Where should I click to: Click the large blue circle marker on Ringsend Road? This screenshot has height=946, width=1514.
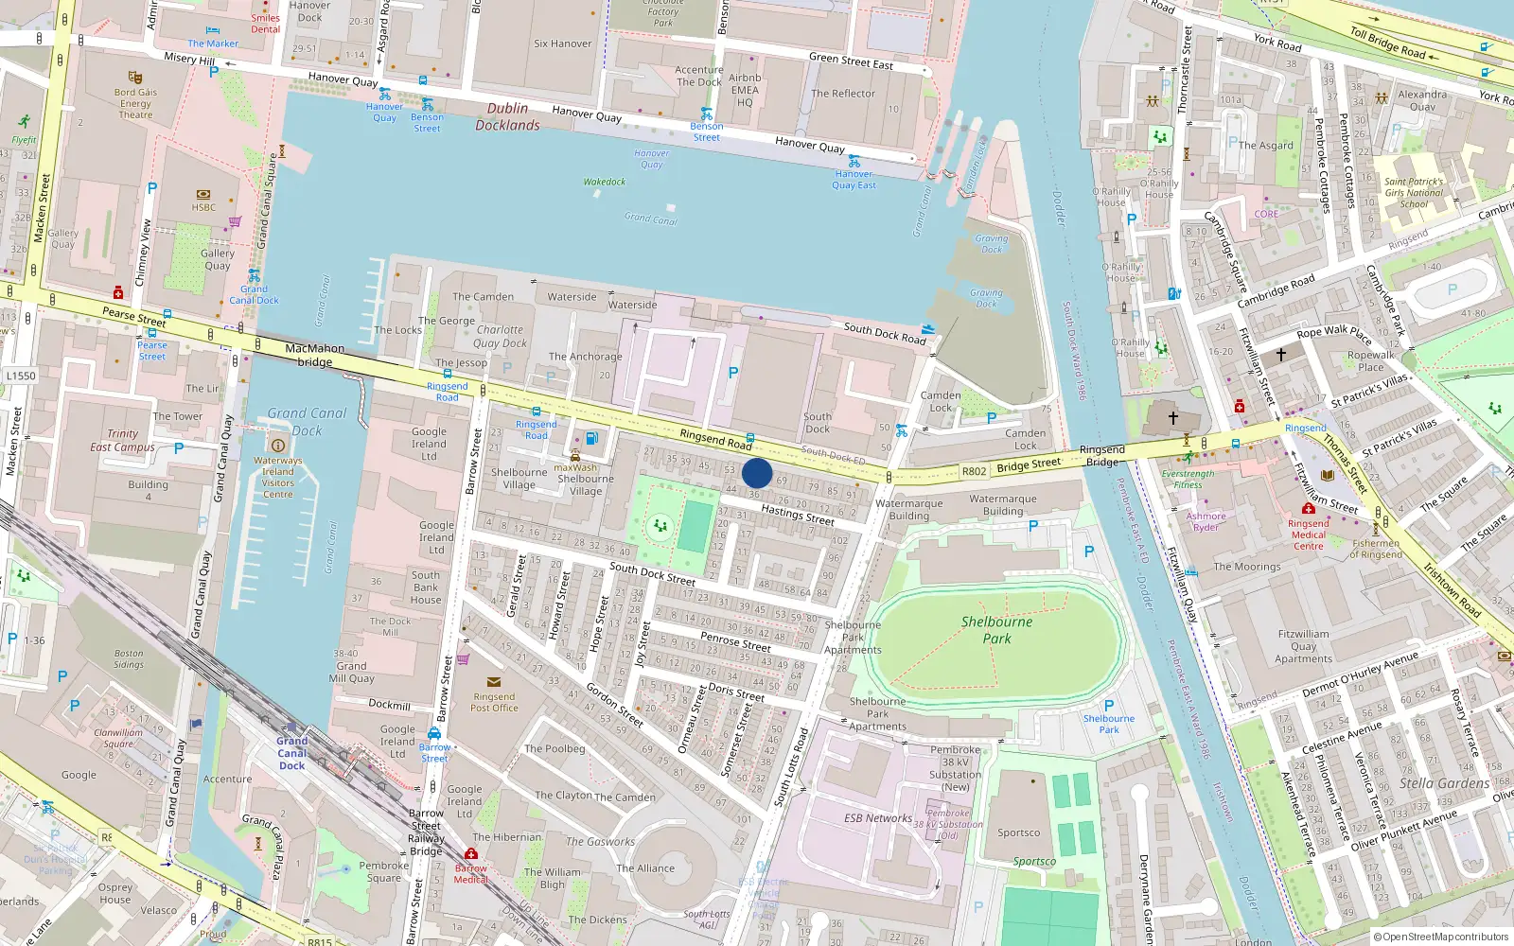pos(757,473)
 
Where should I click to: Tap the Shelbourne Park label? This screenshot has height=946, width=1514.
pos(996,630)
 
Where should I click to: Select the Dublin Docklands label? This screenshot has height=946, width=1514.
pos(508,116)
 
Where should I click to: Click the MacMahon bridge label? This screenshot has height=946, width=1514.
pos(315,355)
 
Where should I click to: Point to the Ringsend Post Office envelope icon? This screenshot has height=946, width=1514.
pos(494,681)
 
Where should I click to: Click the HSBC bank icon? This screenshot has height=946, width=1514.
pos(203,195)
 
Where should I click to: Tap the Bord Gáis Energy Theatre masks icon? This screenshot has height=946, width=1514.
pos(135,78)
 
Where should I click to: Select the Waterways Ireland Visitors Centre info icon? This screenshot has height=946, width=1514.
pos(278,445)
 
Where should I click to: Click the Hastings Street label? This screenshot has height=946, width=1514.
pos(798,515)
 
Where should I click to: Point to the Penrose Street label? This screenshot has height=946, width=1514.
pos(735,641)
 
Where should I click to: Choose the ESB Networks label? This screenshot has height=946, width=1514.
pos(878,818)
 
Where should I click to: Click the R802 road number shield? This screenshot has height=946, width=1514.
pos(974,470)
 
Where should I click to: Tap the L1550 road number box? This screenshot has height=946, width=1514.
pos(21,376)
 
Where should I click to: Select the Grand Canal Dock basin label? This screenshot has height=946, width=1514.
pos(307,421)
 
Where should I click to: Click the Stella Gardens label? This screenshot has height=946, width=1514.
pos(1444,783)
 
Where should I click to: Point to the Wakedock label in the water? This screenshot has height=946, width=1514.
pos(605,182)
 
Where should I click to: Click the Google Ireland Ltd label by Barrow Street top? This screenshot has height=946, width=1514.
pos(429,444)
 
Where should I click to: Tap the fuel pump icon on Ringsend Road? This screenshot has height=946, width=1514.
pos(592,438)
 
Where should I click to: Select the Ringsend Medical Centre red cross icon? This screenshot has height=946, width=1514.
pos(1309,508)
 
